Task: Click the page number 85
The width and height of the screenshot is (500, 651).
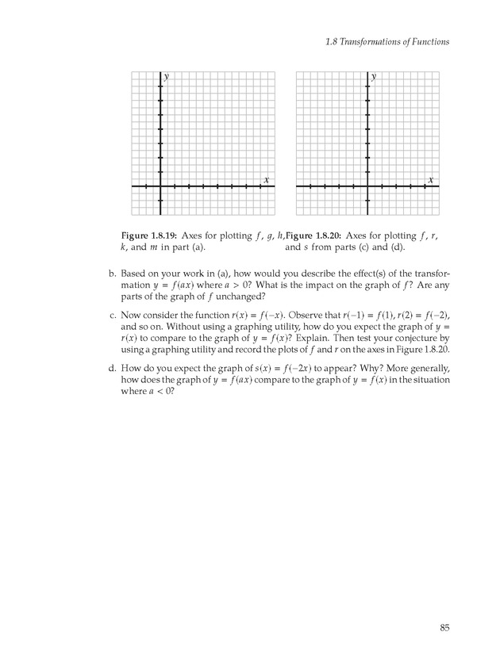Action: (x=445, y=629)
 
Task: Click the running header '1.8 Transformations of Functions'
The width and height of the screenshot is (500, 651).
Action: (x=387, y=42)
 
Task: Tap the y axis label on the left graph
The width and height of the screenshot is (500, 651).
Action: (x=167, y=77)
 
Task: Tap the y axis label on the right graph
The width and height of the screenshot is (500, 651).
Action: (x=374, y=77)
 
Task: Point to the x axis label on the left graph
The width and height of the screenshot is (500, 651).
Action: (x=266, y=180)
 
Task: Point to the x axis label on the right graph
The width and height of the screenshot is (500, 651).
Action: (x=431, y=180)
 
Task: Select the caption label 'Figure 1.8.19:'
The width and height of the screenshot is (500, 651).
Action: (x=149, y=236)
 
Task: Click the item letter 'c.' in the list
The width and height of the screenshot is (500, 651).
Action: (x=112, y=315)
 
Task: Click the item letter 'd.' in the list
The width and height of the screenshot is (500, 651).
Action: (x=112, y=369)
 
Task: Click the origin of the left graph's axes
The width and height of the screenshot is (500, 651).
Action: (x=160, y=186)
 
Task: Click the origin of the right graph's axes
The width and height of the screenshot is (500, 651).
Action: (x=367, y=186)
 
